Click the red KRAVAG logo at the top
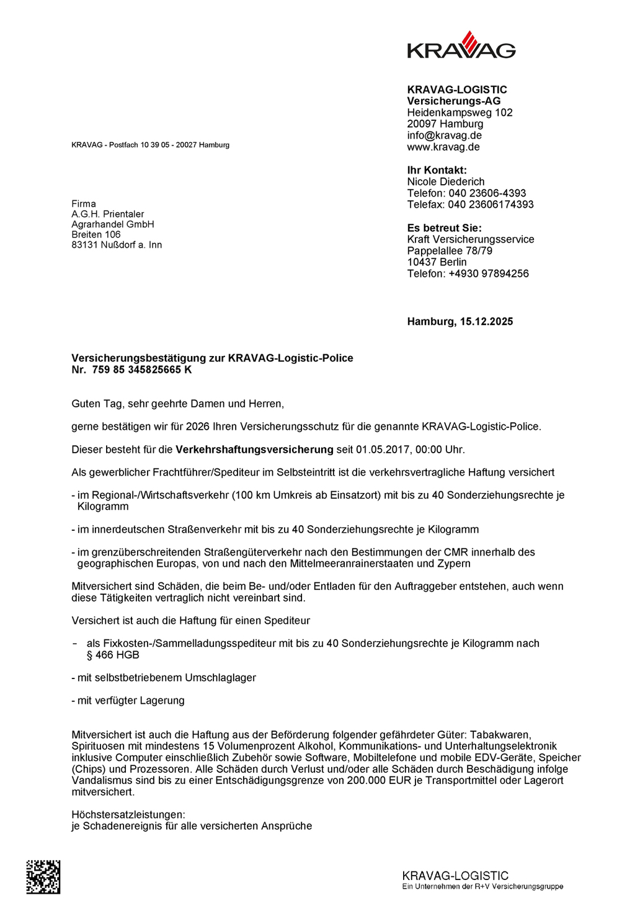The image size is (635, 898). click(x=461, y=45)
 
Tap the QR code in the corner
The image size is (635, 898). click(x=43, y=877)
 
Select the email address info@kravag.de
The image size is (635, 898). click(x=444, y=135)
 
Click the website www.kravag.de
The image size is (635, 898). click(x=443, y=147)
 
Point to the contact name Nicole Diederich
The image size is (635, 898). click(x=445, y=182)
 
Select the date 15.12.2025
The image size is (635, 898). click(x=486, y=321)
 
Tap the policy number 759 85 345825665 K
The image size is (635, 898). click(x=142, y=370)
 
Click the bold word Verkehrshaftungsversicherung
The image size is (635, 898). click(x=254, y=450)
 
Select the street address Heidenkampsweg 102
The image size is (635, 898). click(x=460, y=112)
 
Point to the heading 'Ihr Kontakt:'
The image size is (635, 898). click(x=437, y=170)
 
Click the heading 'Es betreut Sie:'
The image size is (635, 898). click(x=444, y=228)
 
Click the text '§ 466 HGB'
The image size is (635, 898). click(x=113, y=655)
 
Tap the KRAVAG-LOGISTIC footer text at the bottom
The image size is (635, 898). click(x=455, y=876)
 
